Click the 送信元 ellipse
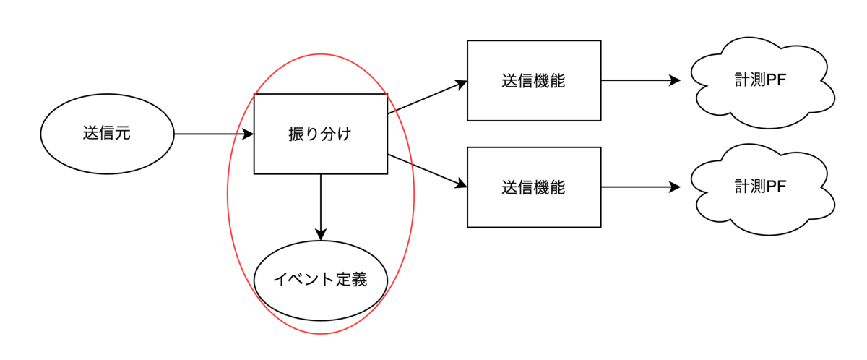pyautogui.click(x=107, y=134)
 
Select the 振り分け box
pyautogui.click(x=321, y=134)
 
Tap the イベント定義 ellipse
pyautogui.click(x=321, y=280)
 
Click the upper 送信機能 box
pyautogui.click(x=534, y=80)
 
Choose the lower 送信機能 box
pyautogui.click(x=534, y=187)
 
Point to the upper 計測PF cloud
pyautogui.click(x=761, y=82)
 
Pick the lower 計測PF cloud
pyautogui.click(x=761, y=189)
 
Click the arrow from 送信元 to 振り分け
pyautogui.click(x=214, y=134)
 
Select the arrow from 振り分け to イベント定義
pyautogui.click(x=321, y=207)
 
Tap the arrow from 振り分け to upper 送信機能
pyautogui.click(x=427, y=97)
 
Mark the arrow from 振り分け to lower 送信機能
pyautogui.click(x=427, y=171)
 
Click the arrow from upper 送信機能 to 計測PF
pyautogui.click(x=641, y=80)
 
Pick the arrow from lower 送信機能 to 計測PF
pyautogui.click(x=641, y=187)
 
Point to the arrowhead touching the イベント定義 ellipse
pyautogui.click(x=321, y=235)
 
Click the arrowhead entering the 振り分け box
pyautogui.click(x=248, y=134)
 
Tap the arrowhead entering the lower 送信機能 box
pyautogui.click(x=461, y=184)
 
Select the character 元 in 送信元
pyautogui.click(x=123, y=133)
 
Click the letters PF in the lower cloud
pyautogui.click(x=776, y=187)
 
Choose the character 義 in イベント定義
pyautogui.click(x=359, y=280)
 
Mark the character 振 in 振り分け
pyautogui.click(x=296, y=134)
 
